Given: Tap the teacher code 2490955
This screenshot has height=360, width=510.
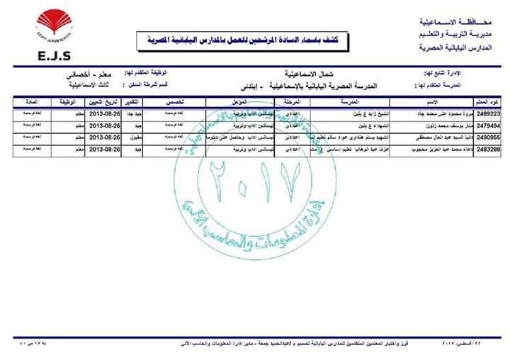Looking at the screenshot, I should click(490, 137).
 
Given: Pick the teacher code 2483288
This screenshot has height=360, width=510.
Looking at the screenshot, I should click(490, 150).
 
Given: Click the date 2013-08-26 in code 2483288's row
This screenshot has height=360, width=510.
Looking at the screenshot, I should click(106, 150).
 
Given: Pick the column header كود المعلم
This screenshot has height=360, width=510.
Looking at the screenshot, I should click(490, 101).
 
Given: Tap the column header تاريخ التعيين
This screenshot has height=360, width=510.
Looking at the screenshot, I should click(106, 101).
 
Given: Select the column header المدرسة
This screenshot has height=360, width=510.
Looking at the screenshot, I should click(334, 101).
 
